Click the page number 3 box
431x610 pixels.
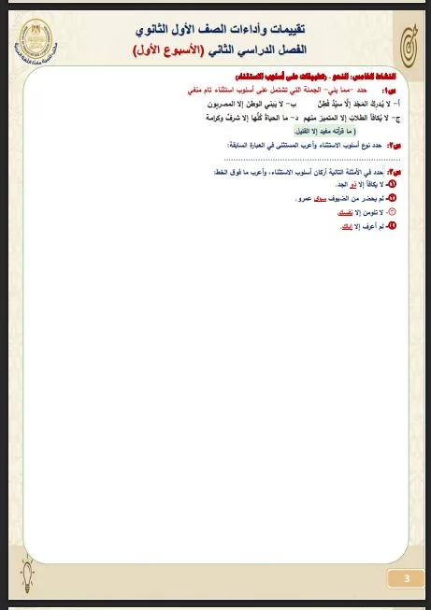(405, 578)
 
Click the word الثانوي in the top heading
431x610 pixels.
(161, 30)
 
